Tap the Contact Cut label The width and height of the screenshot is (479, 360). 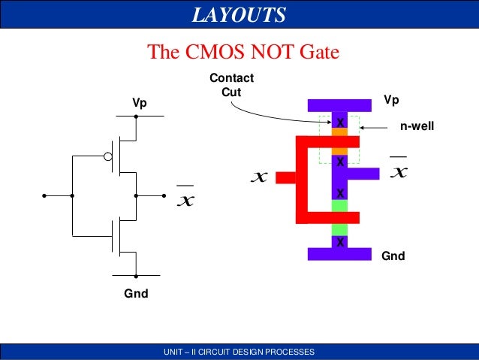pos(231,84)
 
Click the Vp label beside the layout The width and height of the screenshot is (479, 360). pos(392,100)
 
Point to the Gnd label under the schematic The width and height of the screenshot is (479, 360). pos(136,294)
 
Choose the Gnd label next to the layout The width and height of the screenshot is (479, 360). pos(393,256)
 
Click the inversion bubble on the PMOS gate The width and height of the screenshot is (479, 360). pos(107,157)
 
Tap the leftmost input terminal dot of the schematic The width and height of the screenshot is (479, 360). pos(44,195)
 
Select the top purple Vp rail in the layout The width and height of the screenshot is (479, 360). pos(339,104)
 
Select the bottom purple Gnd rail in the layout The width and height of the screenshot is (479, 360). pos(339,254)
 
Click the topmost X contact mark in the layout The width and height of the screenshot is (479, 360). pos(339,122)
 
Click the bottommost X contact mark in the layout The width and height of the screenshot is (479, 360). pos(339,241)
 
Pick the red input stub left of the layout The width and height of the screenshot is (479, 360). pos(286,177)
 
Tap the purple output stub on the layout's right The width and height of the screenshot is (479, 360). pos(364,174)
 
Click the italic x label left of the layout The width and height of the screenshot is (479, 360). pos(259,177)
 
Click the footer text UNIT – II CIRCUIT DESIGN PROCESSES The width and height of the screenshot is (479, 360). pos(239,352)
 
